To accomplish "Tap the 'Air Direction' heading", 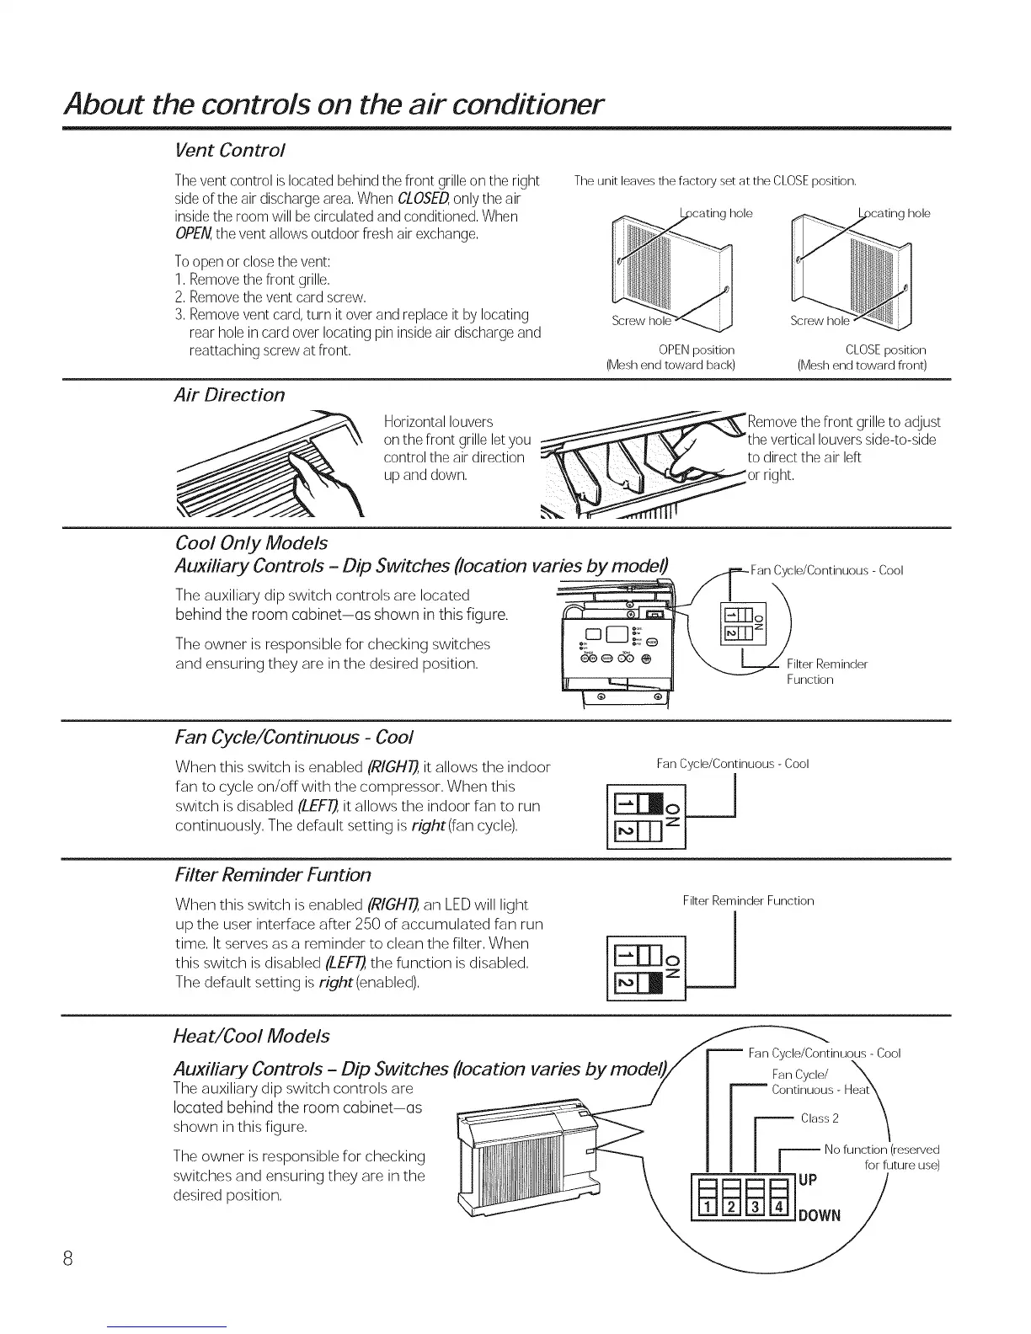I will [229, 395].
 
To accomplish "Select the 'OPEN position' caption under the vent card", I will [696, 350].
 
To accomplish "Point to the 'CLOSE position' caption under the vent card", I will [884, 350].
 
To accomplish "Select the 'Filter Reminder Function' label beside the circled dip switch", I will [825, 671].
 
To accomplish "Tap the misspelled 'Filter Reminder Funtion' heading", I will [272, 874].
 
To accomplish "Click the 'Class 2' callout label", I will [819, 1118].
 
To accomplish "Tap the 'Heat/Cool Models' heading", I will [251, 1036].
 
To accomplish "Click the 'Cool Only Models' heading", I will [250, 543].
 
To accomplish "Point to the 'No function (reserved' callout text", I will [881, 1150].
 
